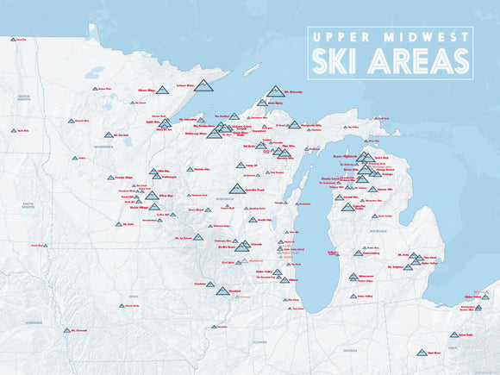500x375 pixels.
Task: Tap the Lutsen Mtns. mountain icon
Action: pos(203,84)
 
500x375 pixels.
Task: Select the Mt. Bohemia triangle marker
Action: pos(275,91)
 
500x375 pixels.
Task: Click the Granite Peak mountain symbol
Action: pos(236,189)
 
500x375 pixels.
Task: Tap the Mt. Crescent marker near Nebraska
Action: pos(66,330)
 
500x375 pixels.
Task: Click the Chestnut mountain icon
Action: pos(222,291)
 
